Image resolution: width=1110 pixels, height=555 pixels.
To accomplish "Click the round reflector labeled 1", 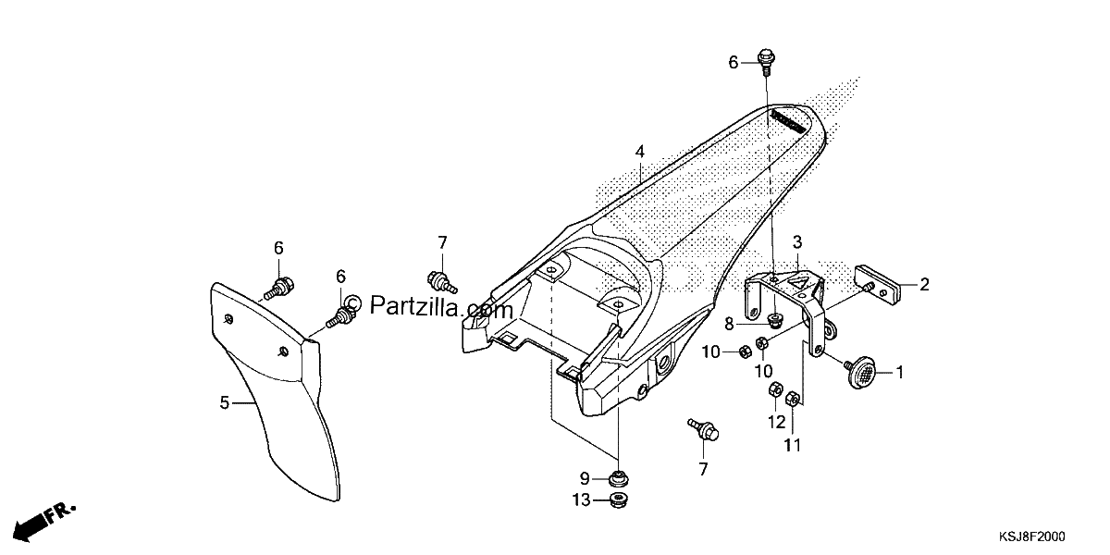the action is click(x=861, y=372).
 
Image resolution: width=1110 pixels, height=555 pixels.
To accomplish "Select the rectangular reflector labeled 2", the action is click(x=878, y=286).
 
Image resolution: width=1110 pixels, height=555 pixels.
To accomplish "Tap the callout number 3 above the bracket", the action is click(x=797, y=242).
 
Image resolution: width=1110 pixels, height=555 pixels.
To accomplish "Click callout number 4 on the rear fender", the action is click(x=640, y=152).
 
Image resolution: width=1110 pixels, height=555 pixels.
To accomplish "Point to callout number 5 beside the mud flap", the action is click(x=225, y=403).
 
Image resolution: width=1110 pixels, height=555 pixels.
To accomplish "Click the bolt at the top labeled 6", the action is click(x=766, y=61).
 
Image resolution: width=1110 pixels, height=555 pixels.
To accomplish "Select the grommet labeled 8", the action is click(x=775, y=320).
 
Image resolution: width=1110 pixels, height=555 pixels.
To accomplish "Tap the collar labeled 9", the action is click(x=618, y=479).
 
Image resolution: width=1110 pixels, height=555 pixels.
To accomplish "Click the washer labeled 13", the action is click(x=618, y=499).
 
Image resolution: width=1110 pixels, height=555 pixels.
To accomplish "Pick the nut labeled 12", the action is click(x=775, y=390).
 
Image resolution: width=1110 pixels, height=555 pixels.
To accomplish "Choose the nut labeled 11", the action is click(x=793, y=399).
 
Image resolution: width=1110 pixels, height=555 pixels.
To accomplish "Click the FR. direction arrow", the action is click(x=43, y=522).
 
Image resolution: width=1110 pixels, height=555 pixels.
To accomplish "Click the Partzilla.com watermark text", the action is click(x=428, y=306).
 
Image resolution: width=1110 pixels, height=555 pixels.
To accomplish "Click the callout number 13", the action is click(x=582, y=500).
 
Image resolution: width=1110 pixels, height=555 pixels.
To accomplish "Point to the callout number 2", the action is click(x=924, y=285).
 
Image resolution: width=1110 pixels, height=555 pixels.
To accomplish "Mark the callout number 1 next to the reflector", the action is click(x=899, y=372).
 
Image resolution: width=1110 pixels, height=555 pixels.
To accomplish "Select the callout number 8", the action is click(x=729, y=324).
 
